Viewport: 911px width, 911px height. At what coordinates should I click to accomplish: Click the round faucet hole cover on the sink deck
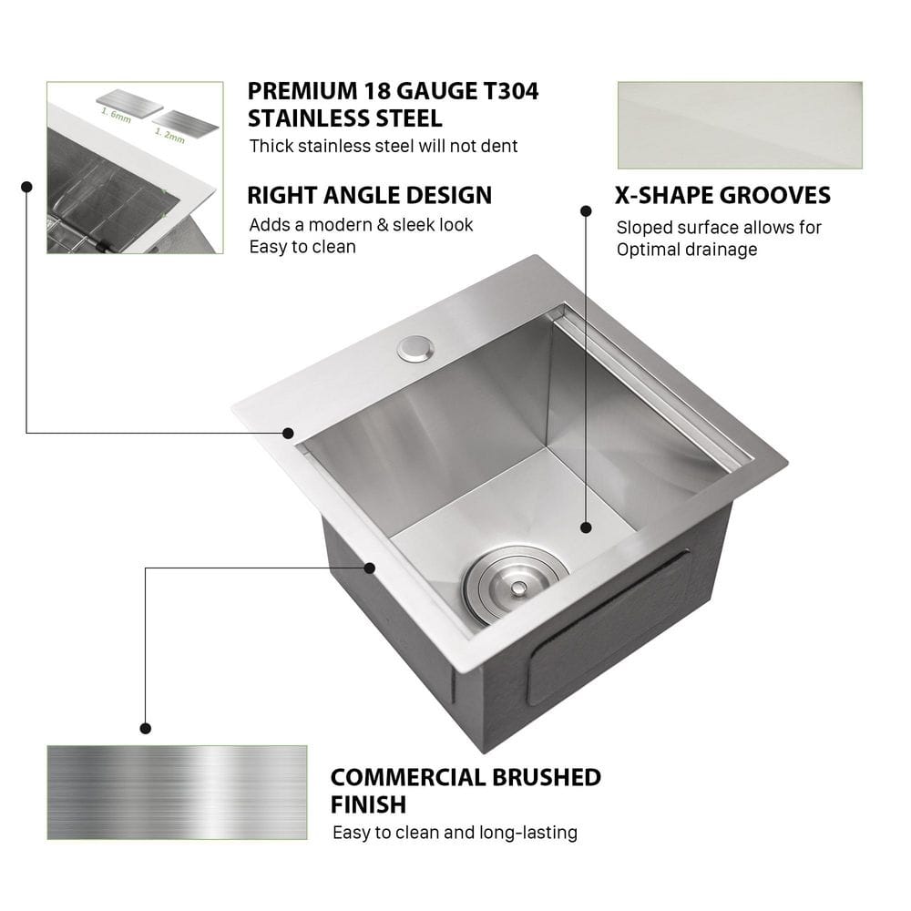(x=415, y=347)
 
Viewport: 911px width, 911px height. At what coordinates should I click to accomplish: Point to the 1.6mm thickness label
(x=117, y=113)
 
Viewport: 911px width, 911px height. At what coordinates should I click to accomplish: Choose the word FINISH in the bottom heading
(x=368, y=804)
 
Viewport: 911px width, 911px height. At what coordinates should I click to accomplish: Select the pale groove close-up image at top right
(x=740, y=125)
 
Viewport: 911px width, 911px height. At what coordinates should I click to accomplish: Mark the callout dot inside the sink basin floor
(x=587, y=527)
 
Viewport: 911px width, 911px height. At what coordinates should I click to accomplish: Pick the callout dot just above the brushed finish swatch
(x=146, y=728)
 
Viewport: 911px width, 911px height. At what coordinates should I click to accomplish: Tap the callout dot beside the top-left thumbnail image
(x=26, y=186)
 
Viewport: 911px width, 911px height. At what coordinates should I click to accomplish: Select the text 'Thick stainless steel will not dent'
(x=384, y=146)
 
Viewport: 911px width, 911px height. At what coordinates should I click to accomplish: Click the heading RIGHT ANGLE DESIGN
(x=370, y=195)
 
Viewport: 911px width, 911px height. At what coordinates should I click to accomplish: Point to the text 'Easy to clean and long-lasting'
(x=455, y=832)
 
